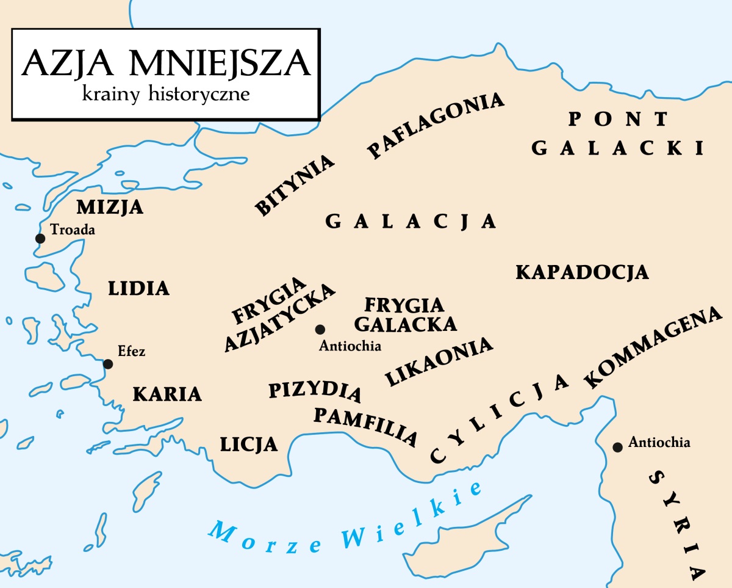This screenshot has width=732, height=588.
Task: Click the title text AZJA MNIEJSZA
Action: pyautogui.click(x=165, y=63)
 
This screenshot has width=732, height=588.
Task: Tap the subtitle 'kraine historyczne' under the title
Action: pyautogui.click(x=165, y=95)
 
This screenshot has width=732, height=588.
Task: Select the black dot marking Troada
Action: pyautogui.click(x=40, y=238)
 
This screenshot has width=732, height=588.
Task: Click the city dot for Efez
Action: pyautogui.click(x=108, y=364)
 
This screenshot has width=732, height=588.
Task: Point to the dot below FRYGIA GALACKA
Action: pyautogui.click(x=320, y=329)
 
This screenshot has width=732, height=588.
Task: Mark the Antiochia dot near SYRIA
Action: pyautogui.click(x=617, y=448)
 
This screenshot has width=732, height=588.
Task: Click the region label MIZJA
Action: pyautogui.click(x=110, y=207)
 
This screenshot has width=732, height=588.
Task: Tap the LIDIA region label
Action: pyautogui.click(x=138, y=288)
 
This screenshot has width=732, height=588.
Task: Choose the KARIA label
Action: pyautogui.click(x=167, y=394)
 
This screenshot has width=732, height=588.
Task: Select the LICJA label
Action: pyautogui.click(x=249, y=444)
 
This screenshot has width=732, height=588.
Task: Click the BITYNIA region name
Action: pyautogui.click(x=296, y=185)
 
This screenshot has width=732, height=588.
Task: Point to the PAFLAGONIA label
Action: pyautogui.click(x=436, y=125)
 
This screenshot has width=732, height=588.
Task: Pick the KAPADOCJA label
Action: pyautogui.click(x=582, y=272)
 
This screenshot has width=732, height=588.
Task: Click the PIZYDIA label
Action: pyautogui.click(x=315, y=391)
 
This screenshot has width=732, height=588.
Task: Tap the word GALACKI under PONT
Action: pyautogui.click(x=617, y=148)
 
